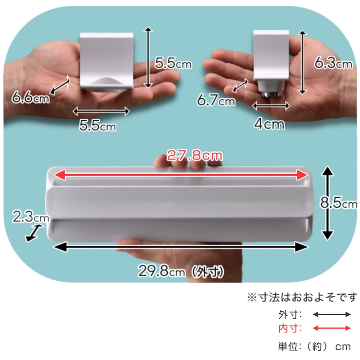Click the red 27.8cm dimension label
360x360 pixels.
195,155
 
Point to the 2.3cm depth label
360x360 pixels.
31,217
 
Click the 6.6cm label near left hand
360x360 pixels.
31,97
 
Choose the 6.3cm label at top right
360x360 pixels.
333,62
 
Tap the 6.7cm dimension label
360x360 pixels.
216,100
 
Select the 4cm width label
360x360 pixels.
269,124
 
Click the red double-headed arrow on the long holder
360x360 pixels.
181,175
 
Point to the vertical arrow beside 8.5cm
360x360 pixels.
328,203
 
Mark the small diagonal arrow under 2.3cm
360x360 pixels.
34,233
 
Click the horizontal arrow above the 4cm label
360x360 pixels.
271,106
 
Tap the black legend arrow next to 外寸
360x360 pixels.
332,314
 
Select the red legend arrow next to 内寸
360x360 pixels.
332,328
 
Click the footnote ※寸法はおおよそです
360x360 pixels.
302,297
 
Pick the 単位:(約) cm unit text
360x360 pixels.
314,346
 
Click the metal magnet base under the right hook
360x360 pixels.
271,94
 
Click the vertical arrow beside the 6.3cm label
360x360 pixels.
303,62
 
